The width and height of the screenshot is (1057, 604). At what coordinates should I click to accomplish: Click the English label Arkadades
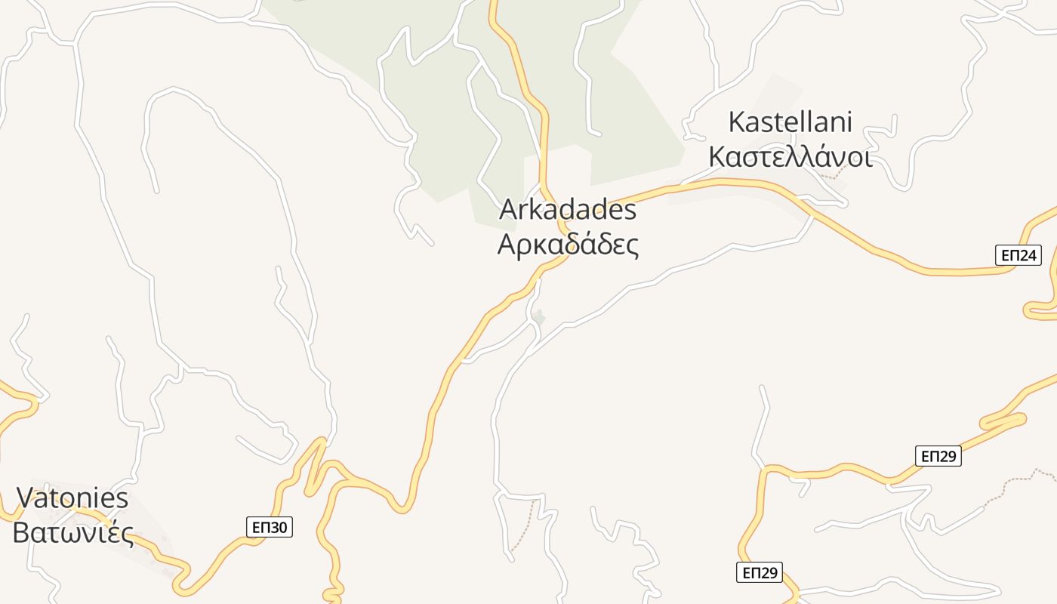(568, 210)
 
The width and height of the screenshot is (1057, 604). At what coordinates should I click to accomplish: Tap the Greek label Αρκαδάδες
(568, 245)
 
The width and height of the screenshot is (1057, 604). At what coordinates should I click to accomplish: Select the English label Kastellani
(790, 122)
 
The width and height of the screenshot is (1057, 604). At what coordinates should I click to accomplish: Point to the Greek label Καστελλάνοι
(790, 157)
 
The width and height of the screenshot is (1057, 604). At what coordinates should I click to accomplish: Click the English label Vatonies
(72, 498)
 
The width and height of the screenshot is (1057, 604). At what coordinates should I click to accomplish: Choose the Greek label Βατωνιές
(72, 533)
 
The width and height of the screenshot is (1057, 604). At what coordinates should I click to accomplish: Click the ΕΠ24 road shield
(1018, 256)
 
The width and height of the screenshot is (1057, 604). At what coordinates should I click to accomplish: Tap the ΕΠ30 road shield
(270, 527)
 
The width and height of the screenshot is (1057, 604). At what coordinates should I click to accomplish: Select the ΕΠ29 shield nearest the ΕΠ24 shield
(938, 456)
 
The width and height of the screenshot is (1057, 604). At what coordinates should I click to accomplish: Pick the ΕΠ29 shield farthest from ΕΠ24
(760, 572)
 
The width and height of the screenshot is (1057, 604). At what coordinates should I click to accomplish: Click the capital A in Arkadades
(509, 210)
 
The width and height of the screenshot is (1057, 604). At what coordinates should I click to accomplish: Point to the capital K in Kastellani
(738, 122)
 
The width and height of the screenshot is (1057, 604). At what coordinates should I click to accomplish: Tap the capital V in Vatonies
(26, 498)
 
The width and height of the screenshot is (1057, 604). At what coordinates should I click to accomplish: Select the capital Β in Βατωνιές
(21, 533)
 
